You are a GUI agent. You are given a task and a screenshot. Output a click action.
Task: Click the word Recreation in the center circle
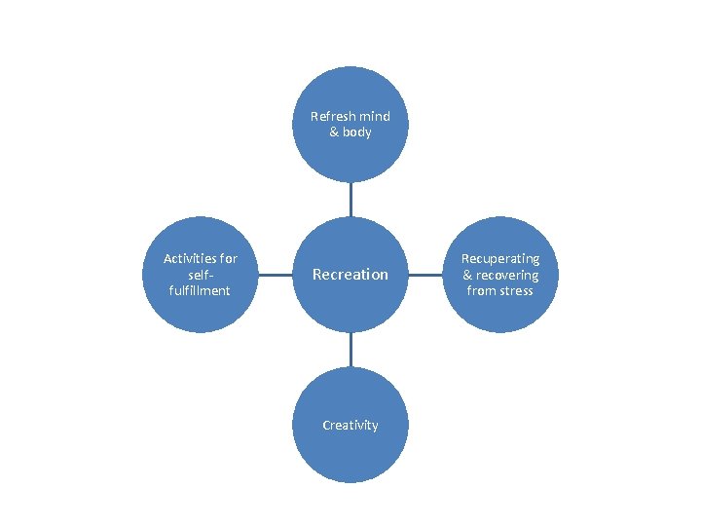coord(350,275)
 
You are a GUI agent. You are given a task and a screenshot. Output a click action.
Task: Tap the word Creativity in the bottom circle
coord(350,425)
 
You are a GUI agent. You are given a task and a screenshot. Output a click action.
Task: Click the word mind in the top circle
coord(374,116)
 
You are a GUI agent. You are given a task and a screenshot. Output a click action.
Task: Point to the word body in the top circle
coord(357,131)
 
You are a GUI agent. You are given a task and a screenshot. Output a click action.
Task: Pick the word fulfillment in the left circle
coord(200,290)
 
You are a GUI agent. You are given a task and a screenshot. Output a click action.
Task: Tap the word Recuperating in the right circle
coord(500,258)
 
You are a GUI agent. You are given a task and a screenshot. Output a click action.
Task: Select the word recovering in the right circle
coord(507,275)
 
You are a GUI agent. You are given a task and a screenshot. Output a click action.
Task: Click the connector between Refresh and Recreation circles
coord(350,199)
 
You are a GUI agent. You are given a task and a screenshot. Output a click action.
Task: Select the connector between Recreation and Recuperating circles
coord(424,275)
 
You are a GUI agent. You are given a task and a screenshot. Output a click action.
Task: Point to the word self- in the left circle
coord(200,275)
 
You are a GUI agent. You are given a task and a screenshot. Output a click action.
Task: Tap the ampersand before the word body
coord(334,131)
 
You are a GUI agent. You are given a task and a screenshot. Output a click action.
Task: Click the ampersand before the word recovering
coord(468,275)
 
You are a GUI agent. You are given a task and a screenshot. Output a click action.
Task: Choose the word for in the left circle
coord(228,258)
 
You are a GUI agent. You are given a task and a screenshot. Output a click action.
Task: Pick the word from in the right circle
coord(482,290)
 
